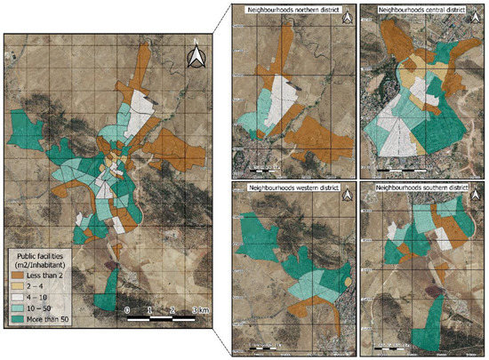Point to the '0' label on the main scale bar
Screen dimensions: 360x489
click(128, 308)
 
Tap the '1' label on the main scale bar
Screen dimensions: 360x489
click(150, 308)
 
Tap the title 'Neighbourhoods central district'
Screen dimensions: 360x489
click(420, 9)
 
